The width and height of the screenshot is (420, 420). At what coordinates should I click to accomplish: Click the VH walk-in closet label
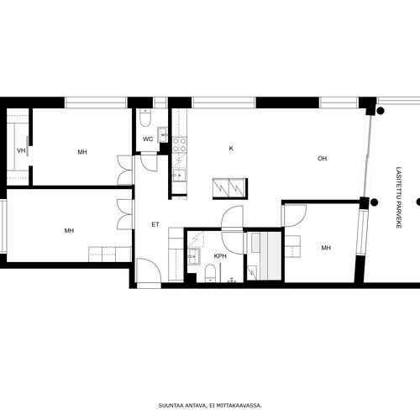tap(21, 151)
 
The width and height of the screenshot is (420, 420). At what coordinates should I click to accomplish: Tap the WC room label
tap(148, 139)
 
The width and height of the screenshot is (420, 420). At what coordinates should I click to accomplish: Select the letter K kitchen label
tap(231, 149)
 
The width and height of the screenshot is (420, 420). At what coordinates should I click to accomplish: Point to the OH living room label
tap(323, 159)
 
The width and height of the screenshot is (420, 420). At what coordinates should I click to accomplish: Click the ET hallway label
tap(155, 224)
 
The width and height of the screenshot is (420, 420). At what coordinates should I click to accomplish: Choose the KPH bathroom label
tap(220, 256)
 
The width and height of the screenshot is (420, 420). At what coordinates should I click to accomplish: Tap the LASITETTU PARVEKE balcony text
tap(399, 197)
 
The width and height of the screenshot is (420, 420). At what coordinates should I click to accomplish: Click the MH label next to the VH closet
tap(82, 152)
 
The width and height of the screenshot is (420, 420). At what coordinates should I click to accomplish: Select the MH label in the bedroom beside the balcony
tap(326, 248)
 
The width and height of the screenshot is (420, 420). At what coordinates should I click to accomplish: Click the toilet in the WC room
tap(145, 118)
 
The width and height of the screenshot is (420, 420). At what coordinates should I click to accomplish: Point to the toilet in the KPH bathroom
tap(210, 273)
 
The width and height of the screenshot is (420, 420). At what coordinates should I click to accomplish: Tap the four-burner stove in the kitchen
tap(179, 145)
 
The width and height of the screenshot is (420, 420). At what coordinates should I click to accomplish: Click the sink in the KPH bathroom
tap(194, 256)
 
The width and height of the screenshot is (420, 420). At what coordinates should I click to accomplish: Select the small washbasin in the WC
tap(163, 134)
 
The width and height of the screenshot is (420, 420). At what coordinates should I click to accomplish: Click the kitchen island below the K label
tap(230, 188)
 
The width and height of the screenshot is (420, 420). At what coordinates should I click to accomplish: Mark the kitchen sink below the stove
tap(179, 176)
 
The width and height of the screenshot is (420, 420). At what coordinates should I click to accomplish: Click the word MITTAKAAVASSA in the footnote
tap(244, 405)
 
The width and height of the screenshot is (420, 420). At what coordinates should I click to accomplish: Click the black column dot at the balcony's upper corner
tap(380, 111)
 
